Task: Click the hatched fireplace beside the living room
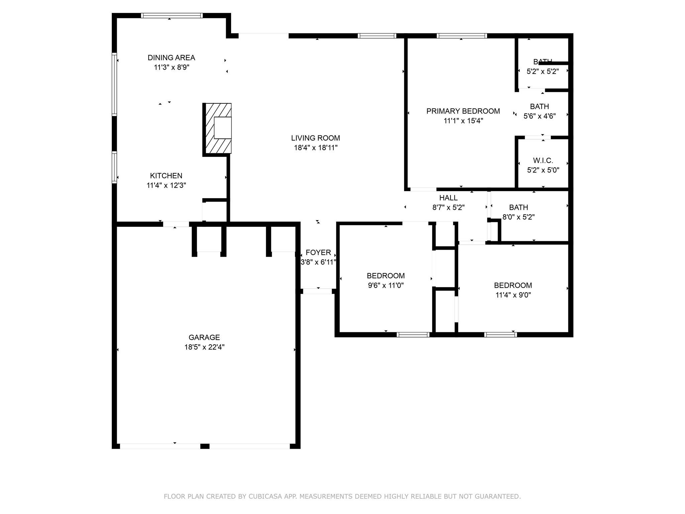tap(217, 129)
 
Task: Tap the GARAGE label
tap(204, 337)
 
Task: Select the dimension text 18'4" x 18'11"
tap(315, 148)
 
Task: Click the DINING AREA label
tap(171, 58)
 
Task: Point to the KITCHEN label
tap(166, 176)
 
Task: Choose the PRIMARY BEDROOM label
tap(463, 111)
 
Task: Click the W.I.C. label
tap(543, 161)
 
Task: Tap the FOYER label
tap(318, 252)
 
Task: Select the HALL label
tap(448, 198)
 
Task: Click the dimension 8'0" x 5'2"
tap(518, 217)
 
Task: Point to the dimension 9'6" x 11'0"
tap(386, 285)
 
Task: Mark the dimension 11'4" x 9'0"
tap(513, 295)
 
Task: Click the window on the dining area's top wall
tap(172, 15)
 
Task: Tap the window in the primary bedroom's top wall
tap(461, 36)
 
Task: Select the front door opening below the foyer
tap(317, 291)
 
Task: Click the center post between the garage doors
tap(205, 446)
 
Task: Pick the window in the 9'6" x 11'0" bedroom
tap(413, 334)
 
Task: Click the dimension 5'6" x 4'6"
tap(539, 116)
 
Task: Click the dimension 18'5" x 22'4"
tap(204, 347)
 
